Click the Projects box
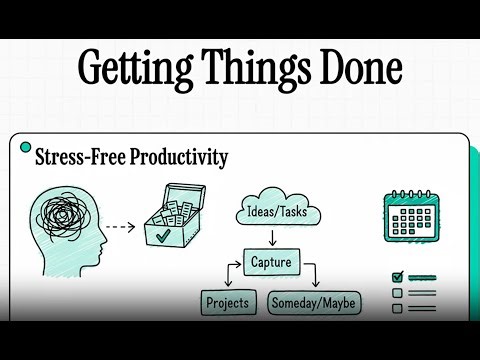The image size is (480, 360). click(227, 302)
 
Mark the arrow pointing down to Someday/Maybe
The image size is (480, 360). click(313, 277)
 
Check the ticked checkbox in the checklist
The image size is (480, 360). click(397, 277)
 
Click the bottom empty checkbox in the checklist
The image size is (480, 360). click(397, 309)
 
